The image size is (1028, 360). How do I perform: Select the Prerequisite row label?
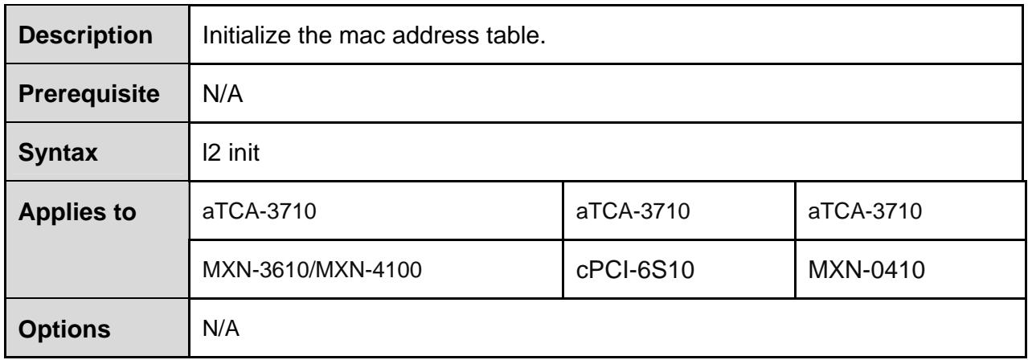coord(89,94)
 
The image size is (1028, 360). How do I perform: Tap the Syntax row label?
coord(58,153)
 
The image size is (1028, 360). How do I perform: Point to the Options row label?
coord(64,329)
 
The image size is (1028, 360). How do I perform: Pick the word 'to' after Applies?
coord(124,212)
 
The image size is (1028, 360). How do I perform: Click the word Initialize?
coord(247,35)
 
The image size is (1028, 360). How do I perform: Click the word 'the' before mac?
coord(314,35)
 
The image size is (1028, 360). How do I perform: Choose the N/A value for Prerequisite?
coord(223,94)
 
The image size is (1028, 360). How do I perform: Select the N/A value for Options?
coord(221,329)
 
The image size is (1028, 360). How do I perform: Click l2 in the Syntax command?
coord(212,152)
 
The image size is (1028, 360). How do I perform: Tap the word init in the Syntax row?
coord(244,152)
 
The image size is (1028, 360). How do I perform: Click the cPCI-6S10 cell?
coord(635,270)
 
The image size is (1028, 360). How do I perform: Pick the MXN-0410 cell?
coord(866,270)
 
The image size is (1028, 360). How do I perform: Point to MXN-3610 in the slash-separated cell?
coord(256,270)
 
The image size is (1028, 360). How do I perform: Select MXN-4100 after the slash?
coord(369,270)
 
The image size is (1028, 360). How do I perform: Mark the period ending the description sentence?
coord(543,43)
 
